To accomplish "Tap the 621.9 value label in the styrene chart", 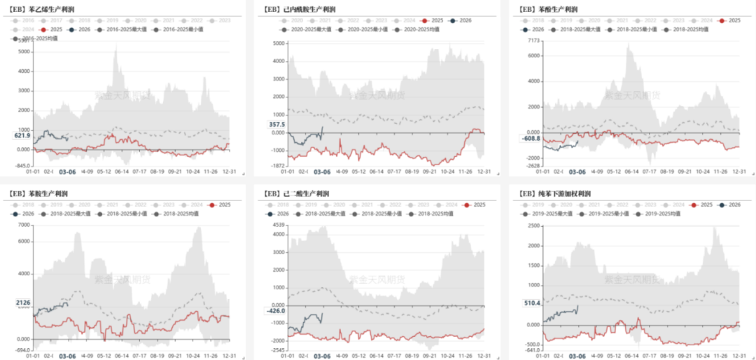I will pyautogui.click(x=21, y=137).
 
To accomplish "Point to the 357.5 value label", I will pyautogui.click(x=277, y=125).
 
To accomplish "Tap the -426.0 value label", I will pyautogui.click(x=276, y=312).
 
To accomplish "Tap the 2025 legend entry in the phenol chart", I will pyautogui.click(x=730, y=21).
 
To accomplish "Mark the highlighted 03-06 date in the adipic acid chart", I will pyautogui.click(x=321, y=356).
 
